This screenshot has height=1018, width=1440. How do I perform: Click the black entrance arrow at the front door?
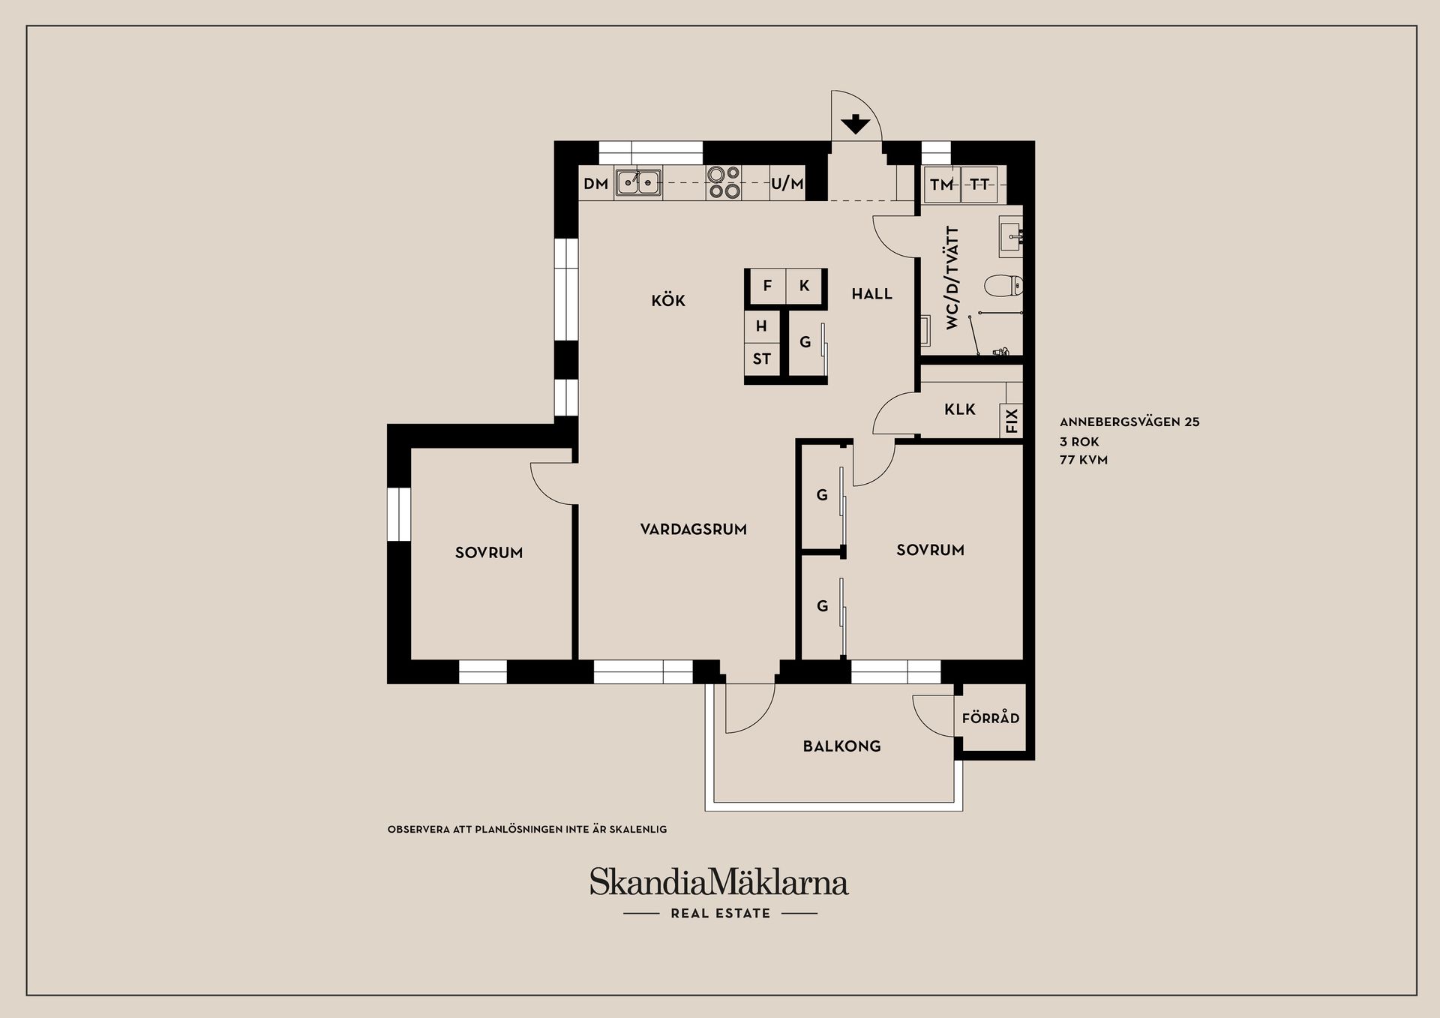[855, 125]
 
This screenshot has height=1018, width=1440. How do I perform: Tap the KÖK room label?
[668, 301]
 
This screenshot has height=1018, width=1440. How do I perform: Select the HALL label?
[871, 294]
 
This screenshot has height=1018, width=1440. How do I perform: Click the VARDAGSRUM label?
[693, 530]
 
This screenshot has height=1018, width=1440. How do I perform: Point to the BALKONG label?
[841, 746]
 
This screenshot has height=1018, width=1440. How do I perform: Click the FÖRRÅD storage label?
[991, 719]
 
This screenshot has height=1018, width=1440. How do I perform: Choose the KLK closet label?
[960, 410]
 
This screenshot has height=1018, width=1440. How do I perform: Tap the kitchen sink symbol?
[638, 183]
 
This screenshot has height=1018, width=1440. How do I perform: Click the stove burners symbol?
[723, 183]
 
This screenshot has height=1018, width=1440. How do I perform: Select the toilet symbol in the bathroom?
[1003, 285]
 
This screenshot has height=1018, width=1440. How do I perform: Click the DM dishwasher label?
[595, 184]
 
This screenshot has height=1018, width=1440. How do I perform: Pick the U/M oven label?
[787, 184]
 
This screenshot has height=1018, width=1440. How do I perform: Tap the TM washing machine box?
[941, 185]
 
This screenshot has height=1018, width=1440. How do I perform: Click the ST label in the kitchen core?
[761, 359]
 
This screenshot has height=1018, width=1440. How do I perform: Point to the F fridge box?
[767, 286]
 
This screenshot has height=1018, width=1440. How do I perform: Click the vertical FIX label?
[1012, 420]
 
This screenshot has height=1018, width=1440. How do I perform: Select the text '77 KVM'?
[1083, 461]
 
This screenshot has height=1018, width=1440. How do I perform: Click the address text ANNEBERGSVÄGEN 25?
[1129, 422]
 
